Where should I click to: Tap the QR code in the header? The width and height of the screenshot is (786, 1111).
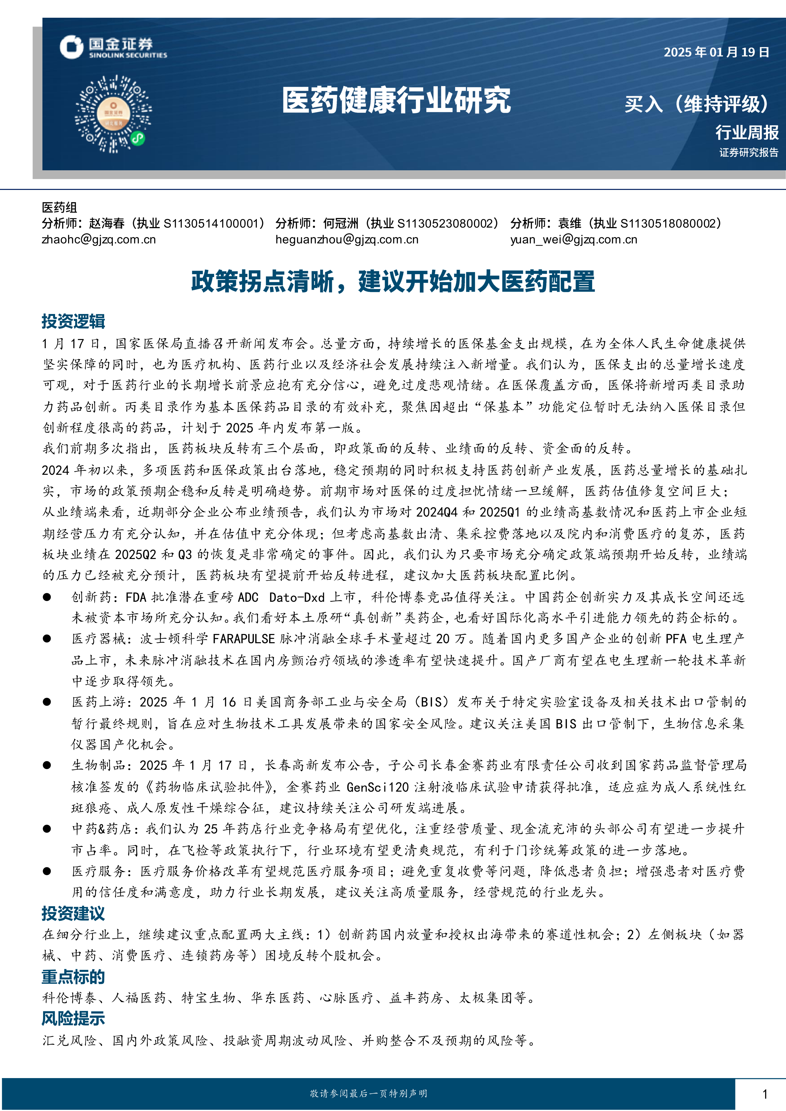click(x=113, y=114)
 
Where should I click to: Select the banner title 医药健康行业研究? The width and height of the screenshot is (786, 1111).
click(x=396, y=101)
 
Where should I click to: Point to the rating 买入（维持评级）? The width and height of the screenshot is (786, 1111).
click(x=696, y=104)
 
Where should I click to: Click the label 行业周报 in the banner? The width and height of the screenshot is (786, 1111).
click(x=747, y=132)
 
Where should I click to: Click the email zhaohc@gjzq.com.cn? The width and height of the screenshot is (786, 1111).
click(x=99, y=240)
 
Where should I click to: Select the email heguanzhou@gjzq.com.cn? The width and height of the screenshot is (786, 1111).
click(x=346, y=240)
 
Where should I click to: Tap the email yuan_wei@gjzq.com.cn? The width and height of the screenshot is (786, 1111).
click(x=574, y=240)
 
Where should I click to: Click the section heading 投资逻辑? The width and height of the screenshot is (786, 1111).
click(x=73, y=321)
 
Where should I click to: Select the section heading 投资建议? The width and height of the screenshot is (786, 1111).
click(x=73, y=913)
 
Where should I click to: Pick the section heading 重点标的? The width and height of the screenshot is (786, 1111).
click(x=73, y=977)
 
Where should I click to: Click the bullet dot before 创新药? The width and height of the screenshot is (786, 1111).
click(x=47, y=597)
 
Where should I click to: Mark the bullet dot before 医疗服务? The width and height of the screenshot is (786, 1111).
click(x=47, y=871)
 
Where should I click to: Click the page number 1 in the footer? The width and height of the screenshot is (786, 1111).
click(x=765, y=1094)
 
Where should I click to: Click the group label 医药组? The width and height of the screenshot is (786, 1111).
click(x=59, y=208)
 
